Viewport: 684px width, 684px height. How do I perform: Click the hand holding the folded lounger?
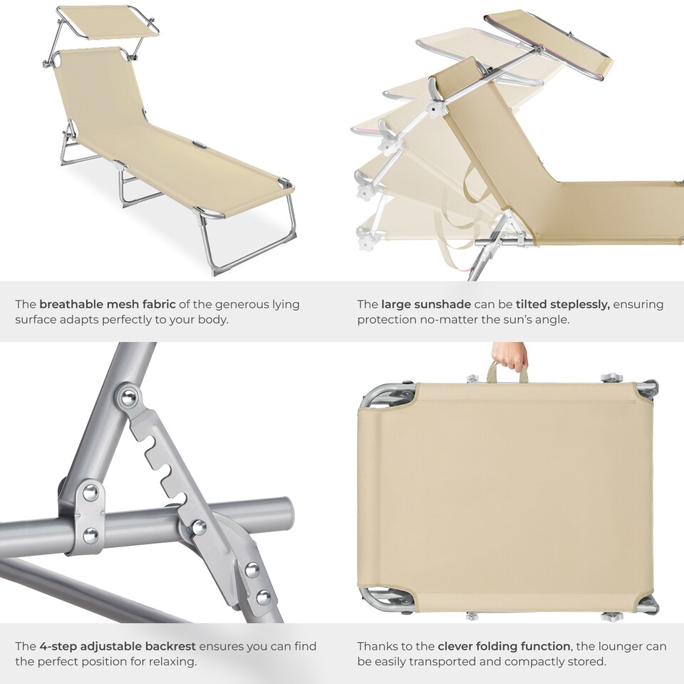point(510,355)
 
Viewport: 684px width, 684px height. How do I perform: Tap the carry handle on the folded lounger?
point(507,372)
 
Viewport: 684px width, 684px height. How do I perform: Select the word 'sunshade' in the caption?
point(441,304)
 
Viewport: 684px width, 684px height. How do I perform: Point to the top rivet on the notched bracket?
point(129,397)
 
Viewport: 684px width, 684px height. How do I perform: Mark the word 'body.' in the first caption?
point(212,320)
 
